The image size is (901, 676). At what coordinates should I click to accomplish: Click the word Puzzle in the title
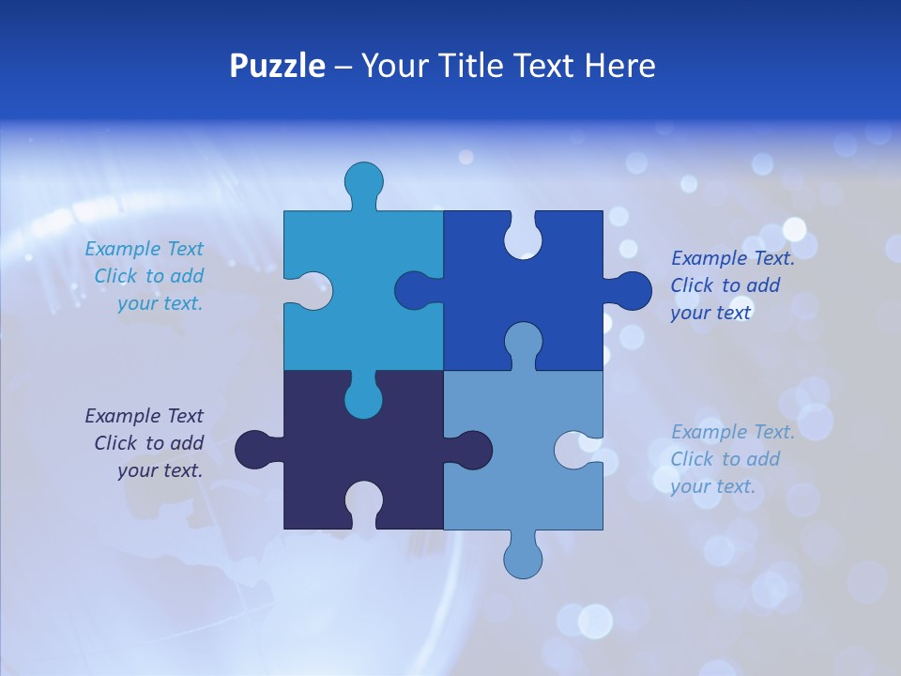click(277, 67)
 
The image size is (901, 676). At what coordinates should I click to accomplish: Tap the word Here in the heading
click(618, 67)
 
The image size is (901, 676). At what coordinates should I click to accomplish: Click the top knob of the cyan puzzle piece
click(363, 180)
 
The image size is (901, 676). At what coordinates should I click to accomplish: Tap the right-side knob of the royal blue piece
click(631, 290)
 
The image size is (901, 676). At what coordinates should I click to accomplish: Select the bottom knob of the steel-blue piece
click(523, 558)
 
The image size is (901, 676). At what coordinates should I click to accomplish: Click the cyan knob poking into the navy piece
click(363, 398)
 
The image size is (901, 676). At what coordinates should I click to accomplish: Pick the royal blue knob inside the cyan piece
click(416, 290)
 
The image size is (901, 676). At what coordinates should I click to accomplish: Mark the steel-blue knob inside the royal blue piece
click(523, 342)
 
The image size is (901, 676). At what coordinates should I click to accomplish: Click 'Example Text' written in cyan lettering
click(144, 249)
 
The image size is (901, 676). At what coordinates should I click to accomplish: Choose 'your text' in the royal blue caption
click(710, 313)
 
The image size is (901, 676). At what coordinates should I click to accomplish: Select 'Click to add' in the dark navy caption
click(148, 443)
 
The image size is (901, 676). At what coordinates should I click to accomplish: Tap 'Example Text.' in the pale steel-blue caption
click(733, 432)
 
